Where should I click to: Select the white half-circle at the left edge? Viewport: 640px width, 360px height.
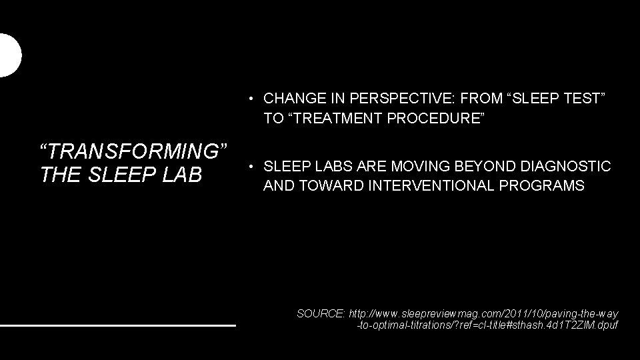point(9,55)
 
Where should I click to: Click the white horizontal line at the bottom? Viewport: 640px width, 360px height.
point(118,325)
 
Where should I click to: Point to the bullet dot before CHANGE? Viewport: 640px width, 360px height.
point(248,99)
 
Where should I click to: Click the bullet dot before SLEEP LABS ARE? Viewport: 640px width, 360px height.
point(248,166)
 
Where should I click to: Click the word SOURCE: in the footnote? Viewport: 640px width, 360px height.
point(320,313)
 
